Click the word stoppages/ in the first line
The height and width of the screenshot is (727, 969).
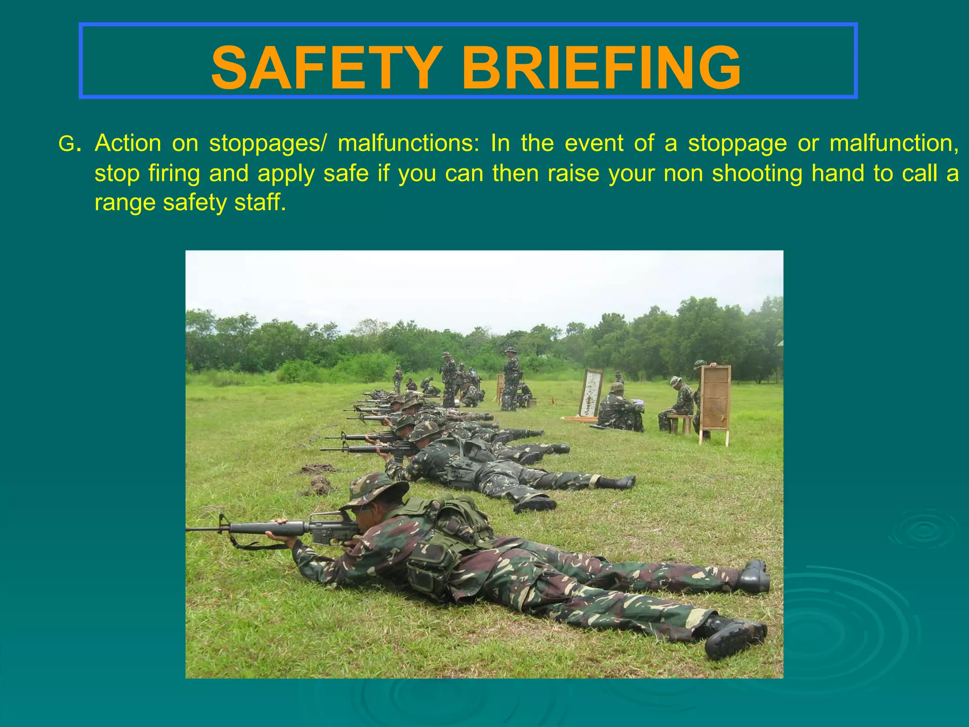click(268, 143)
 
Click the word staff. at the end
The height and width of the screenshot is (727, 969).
click(260, 203)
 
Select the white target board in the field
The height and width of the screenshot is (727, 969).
click(590, 394)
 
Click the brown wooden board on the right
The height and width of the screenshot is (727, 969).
click(715, 402)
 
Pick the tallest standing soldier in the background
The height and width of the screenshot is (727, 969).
click(511, 379)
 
